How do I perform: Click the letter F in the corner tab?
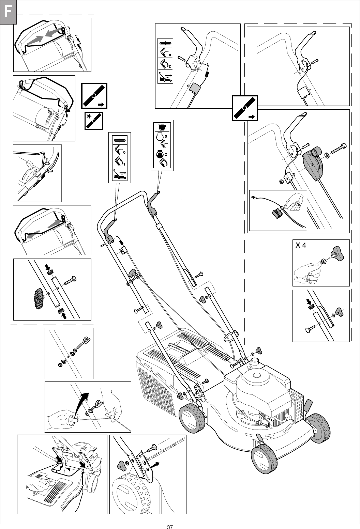(x=8, y=13)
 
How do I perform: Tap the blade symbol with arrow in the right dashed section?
(x=245, y=108)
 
